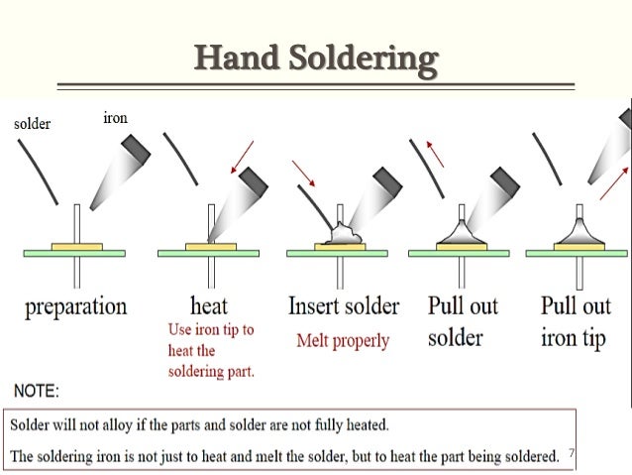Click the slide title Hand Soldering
click(x=315, y=60)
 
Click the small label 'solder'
click(x=32, y=125)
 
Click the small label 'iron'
click(x=115, y=119)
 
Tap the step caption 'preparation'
click(x=76, y=305)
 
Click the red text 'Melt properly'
click(x=343, y=340)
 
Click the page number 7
click(x=571, y=453)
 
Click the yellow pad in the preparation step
click(x=76, y=245)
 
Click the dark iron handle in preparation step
click(x=134, y=148)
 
